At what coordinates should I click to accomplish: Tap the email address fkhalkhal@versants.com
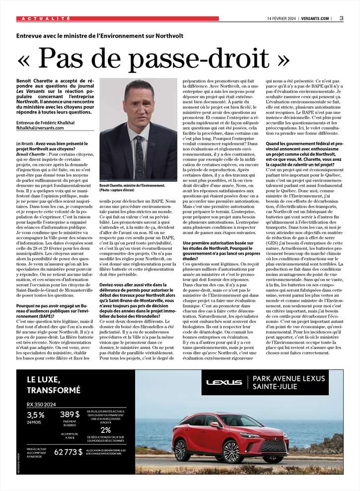pyautogui.click(x=40, y=128)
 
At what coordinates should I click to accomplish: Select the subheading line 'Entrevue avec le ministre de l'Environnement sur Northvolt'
pyautogui.click(x=100, y=36)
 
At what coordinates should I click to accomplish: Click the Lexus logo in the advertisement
pyautogui.click(x=224, y=382)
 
